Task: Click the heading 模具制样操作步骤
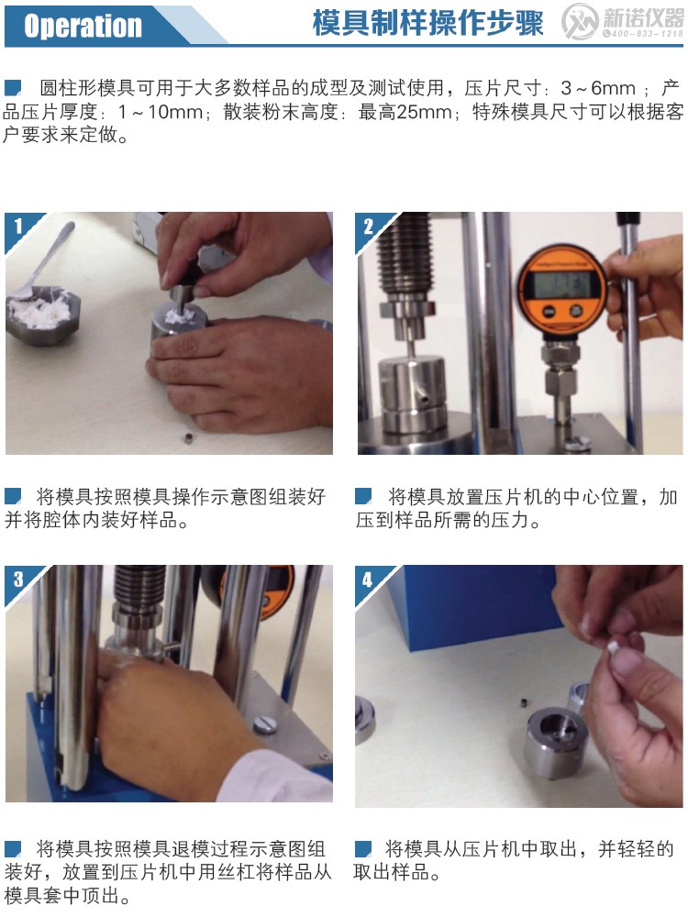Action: (x=427, y=23)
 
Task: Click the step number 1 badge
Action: (x=17, y=226)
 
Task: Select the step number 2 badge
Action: (x=369, y=226)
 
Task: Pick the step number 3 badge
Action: (x=17, y=579)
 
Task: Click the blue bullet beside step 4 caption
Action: (x=363, y=848)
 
